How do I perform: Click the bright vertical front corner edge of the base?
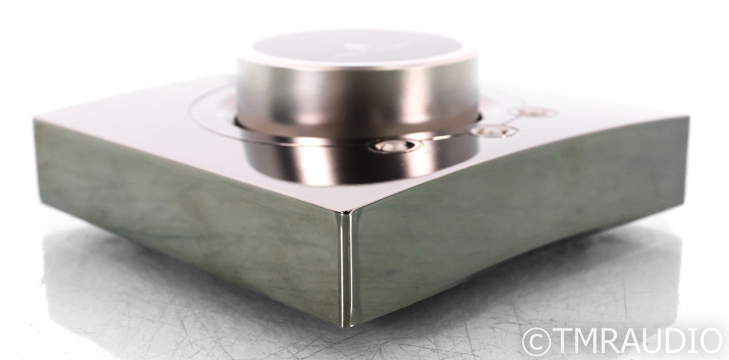[346, 267]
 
